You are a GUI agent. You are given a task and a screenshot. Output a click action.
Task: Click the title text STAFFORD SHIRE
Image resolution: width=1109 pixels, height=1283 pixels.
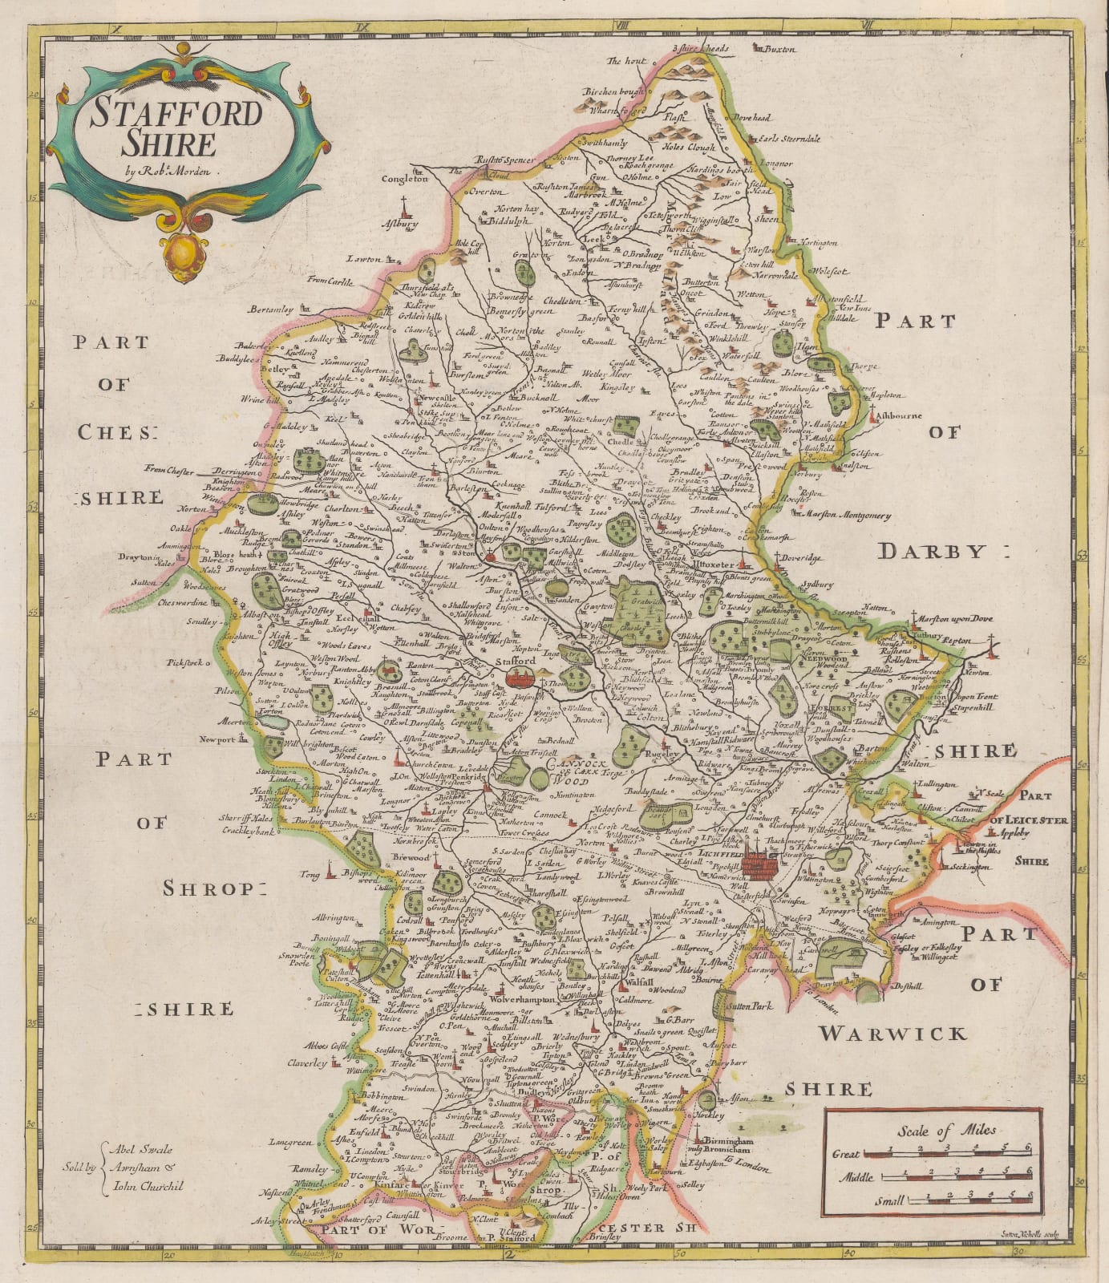(176, 128)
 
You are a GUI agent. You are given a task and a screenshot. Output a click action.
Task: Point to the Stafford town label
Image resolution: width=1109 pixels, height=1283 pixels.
(516, 661)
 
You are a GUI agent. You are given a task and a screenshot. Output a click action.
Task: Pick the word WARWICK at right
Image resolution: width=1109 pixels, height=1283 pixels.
(892, 1034)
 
